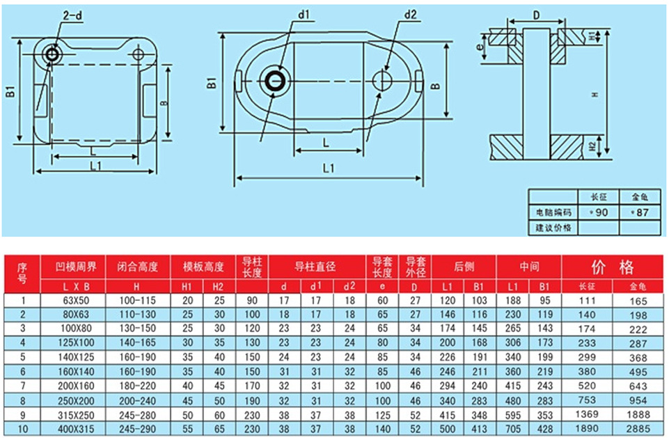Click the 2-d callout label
click(x=72, y=16)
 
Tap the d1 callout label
click(x=304, y=15)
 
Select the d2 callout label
click(x=410, y=15)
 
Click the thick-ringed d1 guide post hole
click(x=276, y=81)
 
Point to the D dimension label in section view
click(x=536, y=15)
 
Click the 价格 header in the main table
click(x=613, y=267)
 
